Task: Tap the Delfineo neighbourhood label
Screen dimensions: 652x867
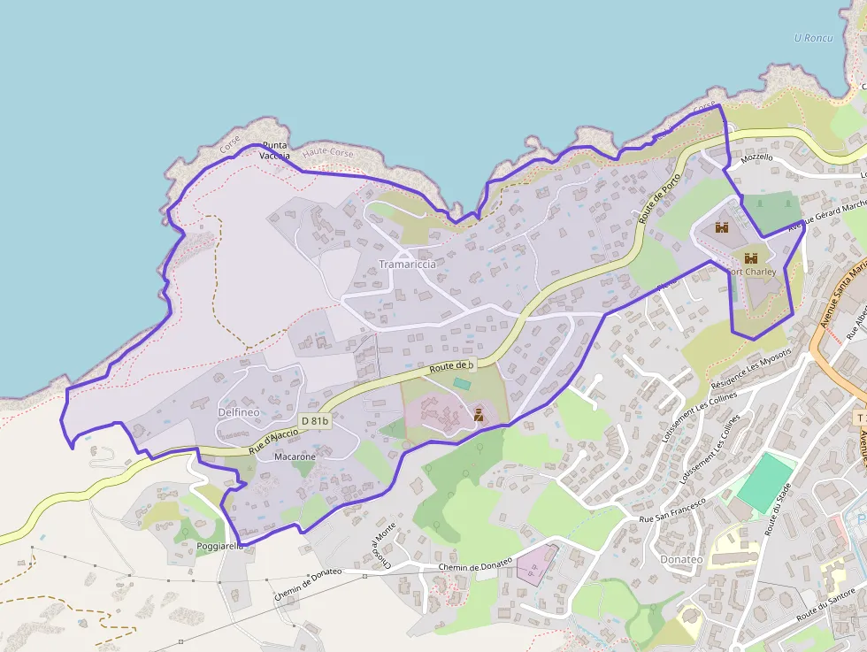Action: [237, 412]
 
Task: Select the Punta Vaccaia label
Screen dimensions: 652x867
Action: [274, 150]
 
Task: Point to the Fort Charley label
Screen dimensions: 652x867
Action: [751, 272]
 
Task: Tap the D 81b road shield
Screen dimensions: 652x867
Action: [314, 421]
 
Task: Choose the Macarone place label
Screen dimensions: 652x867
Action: [295, 456]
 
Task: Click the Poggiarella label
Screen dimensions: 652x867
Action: [220, 546]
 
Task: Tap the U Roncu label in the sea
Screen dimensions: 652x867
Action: [814, 38]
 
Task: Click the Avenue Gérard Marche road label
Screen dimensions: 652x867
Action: [828, 215]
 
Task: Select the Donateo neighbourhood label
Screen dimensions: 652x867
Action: [681, 559]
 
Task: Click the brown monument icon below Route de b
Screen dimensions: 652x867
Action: [479, 413]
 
